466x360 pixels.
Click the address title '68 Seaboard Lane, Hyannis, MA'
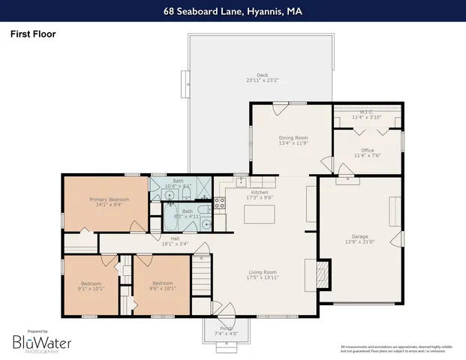pos(233,11)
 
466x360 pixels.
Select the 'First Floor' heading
pos(33,34)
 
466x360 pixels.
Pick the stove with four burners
pos(220,202)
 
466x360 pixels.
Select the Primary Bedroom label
pos(110,201)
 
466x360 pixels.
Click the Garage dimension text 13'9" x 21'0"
pos(359,241)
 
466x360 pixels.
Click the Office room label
pos(367,153)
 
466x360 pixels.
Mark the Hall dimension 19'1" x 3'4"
pos(174,243)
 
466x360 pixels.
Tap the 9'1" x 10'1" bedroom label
pos(91,286)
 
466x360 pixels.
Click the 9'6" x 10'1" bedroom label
pos(161,286)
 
